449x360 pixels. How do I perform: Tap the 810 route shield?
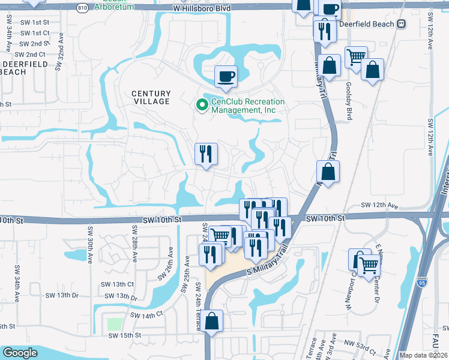pyautogui.click(x=82, y=8)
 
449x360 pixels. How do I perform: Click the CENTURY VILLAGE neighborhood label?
pyautogui.click(x=151, y=98)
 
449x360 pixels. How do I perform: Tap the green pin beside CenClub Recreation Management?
pyautogui.click(x=202, y=106)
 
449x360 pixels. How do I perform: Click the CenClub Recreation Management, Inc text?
pyautogui.click(x=247, y=106)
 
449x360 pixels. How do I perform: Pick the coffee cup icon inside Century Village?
pyautogui.click(x=226, y=76)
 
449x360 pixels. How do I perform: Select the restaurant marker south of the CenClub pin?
pyautogui.click(x=206, y=154)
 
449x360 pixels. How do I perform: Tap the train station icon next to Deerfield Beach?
pyautogui.click(x=400, y=24)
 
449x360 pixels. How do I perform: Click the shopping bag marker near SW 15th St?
pyautogui.click(x=212, y=321)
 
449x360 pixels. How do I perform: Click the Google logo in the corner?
pyautogui.click(x=20, y=353)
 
